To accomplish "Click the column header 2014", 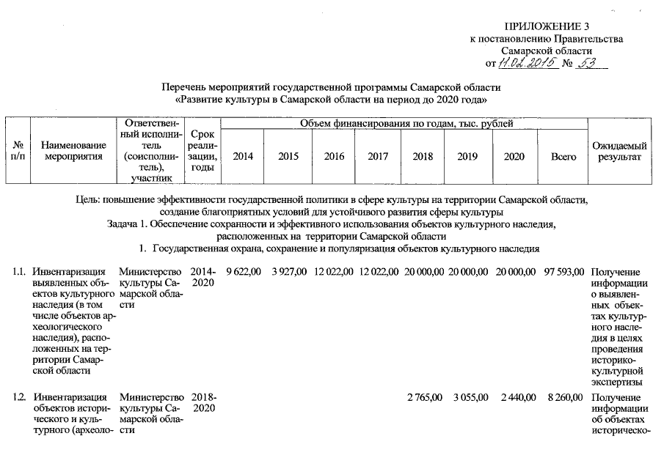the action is pyautogui.click(x=243, y=157).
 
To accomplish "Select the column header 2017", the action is pyautogui.click(x=378, y=157).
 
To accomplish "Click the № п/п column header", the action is pyautogui.click(x=16, y=151).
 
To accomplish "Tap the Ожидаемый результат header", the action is pyautogui.click(x=619, y=151).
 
